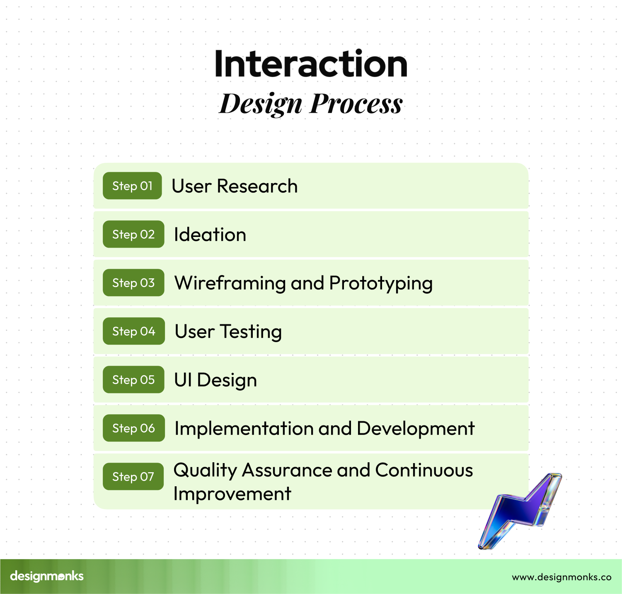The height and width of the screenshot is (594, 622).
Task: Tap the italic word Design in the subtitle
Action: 261,104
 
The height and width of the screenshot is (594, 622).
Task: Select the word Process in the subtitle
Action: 356,103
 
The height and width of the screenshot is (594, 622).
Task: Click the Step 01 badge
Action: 132,186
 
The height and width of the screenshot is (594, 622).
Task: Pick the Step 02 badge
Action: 133,234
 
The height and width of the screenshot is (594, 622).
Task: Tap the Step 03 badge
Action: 133,283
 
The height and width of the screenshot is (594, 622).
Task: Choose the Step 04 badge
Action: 134,331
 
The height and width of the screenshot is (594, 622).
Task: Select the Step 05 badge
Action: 133,379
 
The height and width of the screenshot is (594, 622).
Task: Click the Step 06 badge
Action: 134,428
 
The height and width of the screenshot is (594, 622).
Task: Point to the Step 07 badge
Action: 133,476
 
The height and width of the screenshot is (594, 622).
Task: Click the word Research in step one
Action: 257,186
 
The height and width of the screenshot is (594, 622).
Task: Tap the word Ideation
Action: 210,234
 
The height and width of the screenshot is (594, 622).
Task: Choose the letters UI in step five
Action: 183,380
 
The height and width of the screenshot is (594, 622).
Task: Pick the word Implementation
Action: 244,429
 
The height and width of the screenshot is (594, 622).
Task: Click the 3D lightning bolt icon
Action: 520,511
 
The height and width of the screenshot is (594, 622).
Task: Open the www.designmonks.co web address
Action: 561,577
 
